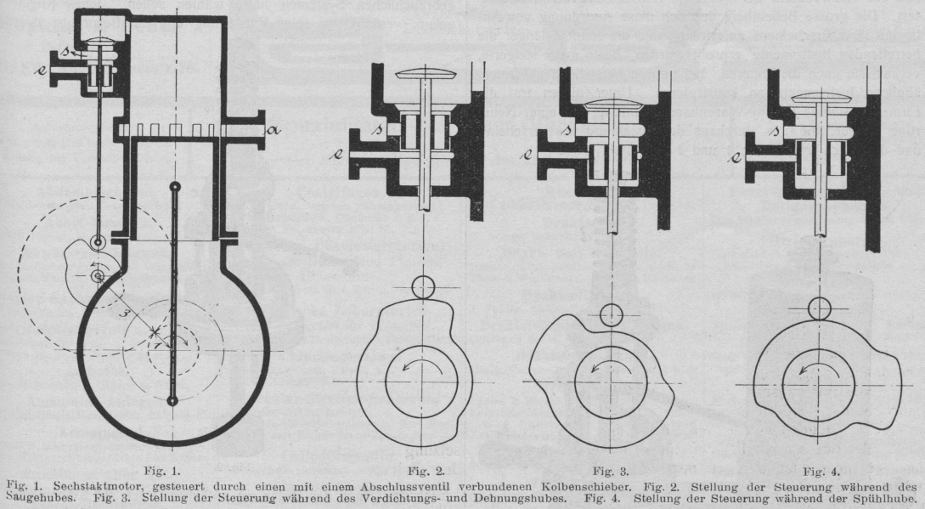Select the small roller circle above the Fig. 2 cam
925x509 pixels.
tap(424, 286)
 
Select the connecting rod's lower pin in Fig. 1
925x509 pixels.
tap(173, 399)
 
